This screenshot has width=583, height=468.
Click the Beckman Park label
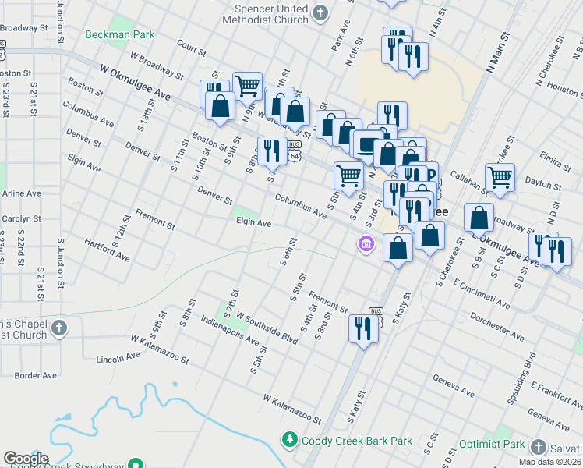tap(121, 34)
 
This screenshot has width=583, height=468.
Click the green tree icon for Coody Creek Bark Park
tap(290, 441)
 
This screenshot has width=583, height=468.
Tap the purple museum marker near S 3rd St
tap(366, 245)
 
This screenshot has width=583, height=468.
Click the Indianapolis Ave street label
tap(229, 330)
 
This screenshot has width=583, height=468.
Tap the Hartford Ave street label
tap(108, 250)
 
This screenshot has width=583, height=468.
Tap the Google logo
tap(26, 459)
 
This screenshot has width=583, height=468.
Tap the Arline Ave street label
tap(21, 193)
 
